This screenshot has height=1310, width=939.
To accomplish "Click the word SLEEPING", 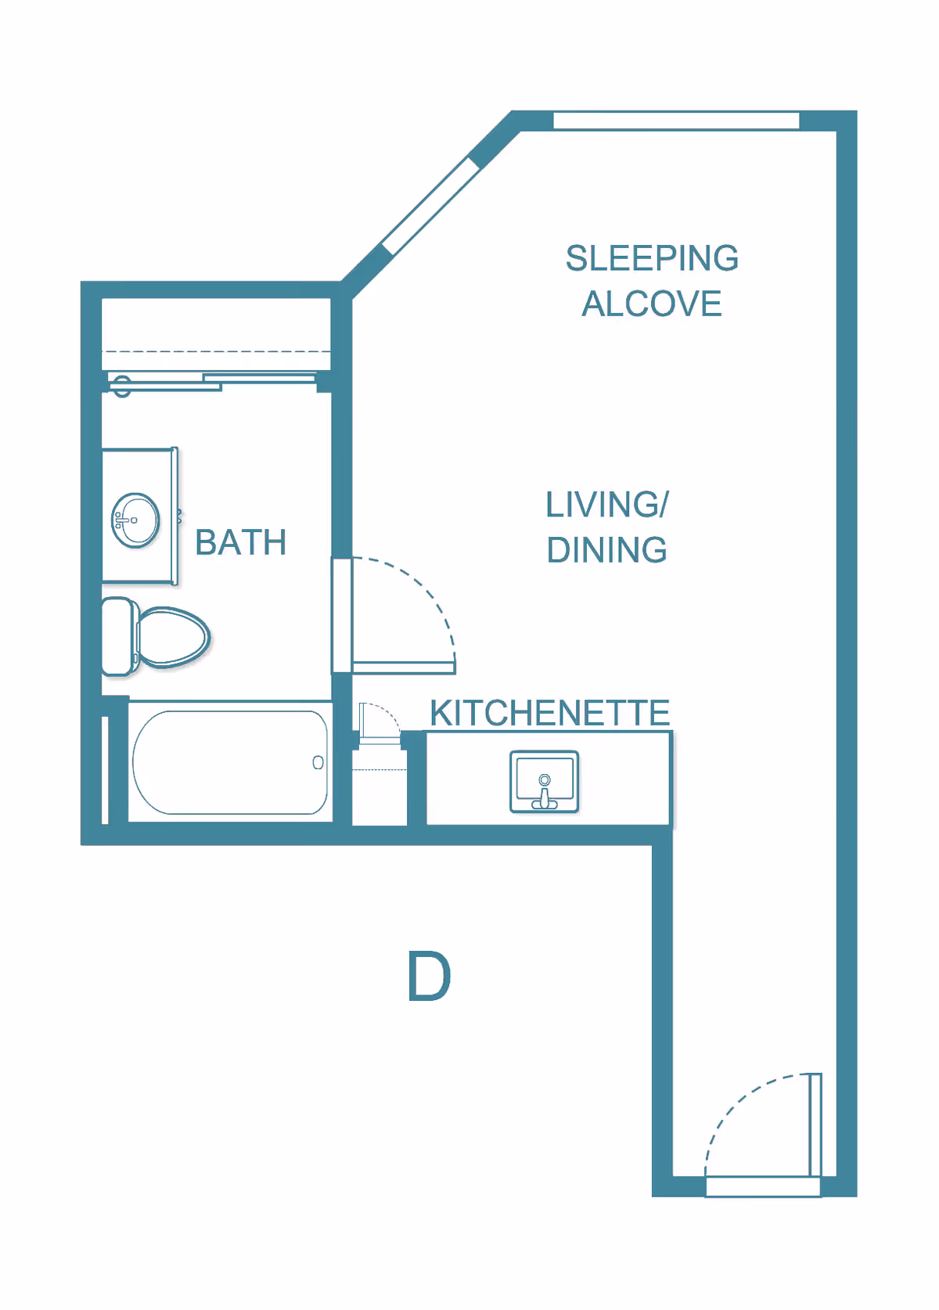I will pyautogui.click(x=652, y=258).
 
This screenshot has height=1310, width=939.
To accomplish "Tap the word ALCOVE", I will pyautogui.click(x=652, y=304).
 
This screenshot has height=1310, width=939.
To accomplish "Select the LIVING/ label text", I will pyautogui.click(x=607, y=505).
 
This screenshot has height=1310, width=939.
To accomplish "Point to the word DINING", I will pyautogui.click(x=607, y=550).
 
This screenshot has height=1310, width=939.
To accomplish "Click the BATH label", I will pyautogui.click(x=241, y=542).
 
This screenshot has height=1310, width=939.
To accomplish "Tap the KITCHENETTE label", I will pyautogui.click(x=549, y=713).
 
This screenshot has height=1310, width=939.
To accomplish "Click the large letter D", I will pyautogui.click(x=429, y=977).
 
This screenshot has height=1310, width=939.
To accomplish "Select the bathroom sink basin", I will pyautogui.click(x=137, y=520).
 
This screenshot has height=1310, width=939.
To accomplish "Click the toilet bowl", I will pyautogui.click(x=174, y=637).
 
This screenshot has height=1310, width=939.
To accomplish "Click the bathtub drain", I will pyautogui.click(x=318, y=762).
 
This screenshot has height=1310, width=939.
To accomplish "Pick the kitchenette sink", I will pyautogui.click(x=545, y=780).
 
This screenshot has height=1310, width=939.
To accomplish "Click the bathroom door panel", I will pyautogui.click(x=403, y=667).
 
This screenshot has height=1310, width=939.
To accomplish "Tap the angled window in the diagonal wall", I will pyautogui.click(x=430, y=205).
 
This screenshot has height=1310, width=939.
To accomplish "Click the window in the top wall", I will pyautogui.click(x=676, y=121).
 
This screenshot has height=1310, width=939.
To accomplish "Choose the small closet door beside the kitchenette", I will pyautogui.click(x=363, y=720).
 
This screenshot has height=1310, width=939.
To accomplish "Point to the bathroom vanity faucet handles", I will pyautogui.click(x=120, y=520).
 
